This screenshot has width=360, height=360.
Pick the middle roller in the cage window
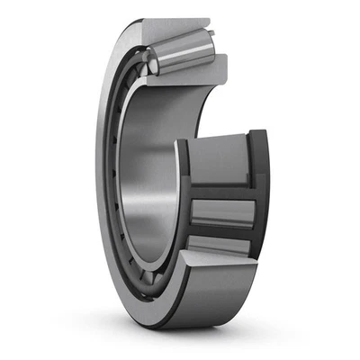pos(221,212)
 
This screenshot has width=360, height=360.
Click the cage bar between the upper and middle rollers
pos(220,191)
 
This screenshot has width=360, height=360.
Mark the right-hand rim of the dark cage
pos(259,193)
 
